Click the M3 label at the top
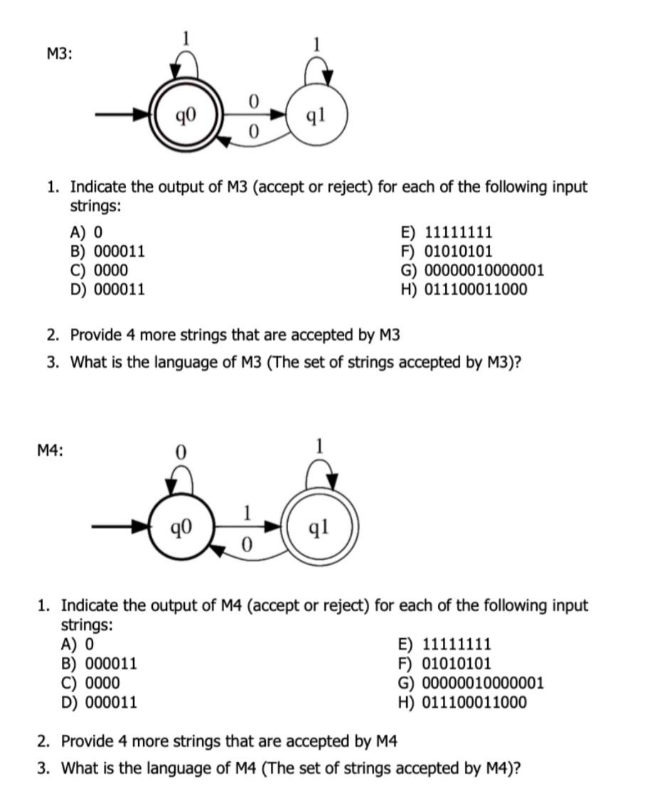point(60,53)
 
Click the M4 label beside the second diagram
point(50,450)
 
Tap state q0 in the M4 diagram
point(179,528)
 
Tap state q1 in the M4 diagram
point(320,528)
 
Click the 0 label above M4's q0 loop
point(180,451)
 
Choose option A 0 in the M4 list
point(78,645)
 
